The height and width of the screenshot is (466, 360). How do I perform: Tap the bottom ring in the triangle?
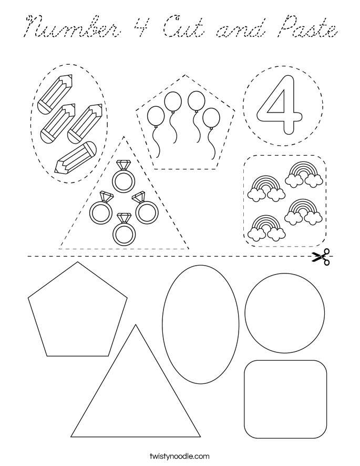point(125,229)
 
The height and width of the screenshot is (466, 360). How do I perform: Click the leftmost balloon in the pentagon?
point(156,116)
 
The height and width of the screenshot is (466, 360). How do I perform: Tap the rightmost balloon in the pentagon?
point(211,118)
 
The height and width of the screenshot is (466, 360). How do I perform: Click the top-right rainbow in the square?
point(304,174)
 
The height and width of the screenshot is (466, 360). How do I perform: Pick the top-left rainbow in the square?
point(266,188)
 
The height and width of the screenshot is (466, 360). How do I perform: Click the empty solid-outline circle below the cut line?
point(284,314)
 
